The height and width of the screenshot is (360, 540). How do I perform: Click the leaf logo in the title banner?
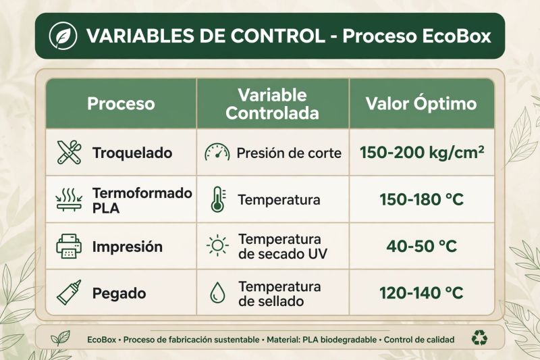tap(63, 36)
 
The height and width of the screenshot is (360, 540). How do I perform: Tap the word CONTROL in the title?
tap(277, 36)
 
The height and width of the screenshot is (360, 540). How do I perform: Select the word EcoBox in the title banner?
tap(456, 36)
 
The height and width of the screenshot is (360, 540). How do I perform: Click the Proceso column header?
tap(121, 103)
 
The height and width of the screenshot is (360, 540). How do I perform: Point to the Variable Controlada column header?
tap(272, 104)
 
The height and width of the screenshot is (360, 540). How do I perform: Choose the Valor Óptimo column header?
tap(421, 103)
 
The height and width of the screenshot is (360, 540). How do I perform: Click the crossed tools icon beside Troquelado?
tap(70, 152)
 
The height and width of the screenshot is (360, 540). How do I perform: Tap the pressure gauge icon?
tap(217, 152)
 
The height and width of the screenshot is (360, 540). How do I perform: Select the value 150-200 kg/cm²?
tap(422, 152)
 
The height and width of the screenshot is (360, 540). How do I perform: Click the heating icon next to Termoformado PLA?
tap(69, 199)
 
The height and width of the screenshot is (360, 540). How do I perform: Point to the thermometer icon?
tap(218, 199)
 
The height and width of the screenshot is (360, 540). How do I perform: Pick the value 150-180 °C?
tap(421, 199)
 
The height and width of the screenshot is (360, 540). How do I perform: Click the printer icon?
tap(69, 247)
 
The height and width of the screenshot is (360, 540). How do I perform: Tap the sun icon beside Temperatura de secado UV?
tap(217, 246)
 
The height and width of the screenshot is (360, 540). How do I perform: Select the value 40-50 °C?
tap(421, 247)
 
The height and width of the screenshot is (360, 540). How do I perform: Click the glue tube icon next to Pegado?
tap(70, 292)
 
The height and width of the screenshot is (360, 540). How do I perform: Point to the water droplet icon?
tap(217, 293)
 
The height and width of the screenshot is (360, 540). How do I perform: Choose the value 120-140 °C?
tap(421, 293)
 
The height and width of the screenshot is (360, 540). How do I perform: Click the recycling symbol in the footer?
tap(479, 338)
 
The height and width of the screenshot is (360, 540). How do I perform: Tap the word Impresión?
tap(128, 247)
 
